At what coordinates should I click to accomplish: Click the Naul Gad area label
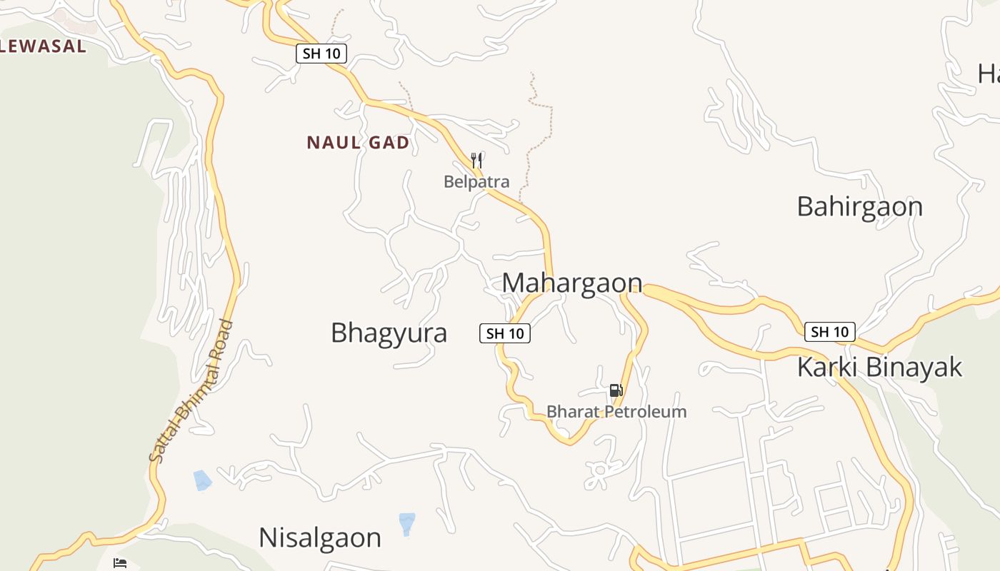[x=358, y=143]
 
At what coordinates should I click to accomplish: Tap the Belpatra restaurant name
[x=476, y=181]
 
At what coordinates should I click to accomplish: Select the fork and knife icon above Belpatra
[x=477, y=160]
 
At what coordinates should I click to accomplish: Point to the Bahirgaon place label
[x=859, y=206]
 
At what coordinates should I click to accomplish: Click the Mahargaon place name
[x=572, y=283]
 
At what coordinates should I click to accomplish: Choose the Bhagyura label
[x=389, y=333]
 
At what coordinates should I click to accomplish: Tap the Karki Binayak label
[x=879, y=367]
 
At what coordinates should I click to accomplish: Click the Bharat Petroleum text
[x=616, y=412]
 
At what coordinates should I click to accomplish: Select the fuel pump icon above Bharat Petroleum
[x=616, y=390]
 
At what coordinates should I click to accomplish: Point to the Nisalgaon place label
[x=320, y=537]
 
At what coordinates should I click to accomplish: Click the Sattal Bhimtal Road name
[x=191, y=390]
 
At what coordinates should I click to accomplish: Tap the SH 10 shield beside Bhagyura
[x=504, y=333]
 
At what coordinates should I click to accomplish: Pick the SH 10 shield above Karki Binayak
[x=829, y=331]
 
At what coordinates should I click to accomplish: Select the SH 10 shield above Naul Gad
[x=321, y=54]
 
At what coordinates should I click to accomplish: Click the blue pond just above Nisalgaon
[x=407, y=522]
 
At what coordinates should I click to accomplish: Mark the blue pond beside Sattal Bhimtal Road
[x=203, y=480]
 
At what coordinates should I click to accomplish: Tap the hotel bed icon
[x=120, y=563]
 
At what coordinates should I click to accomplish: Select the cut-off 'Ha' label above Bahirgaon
[x=989, y=73]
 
